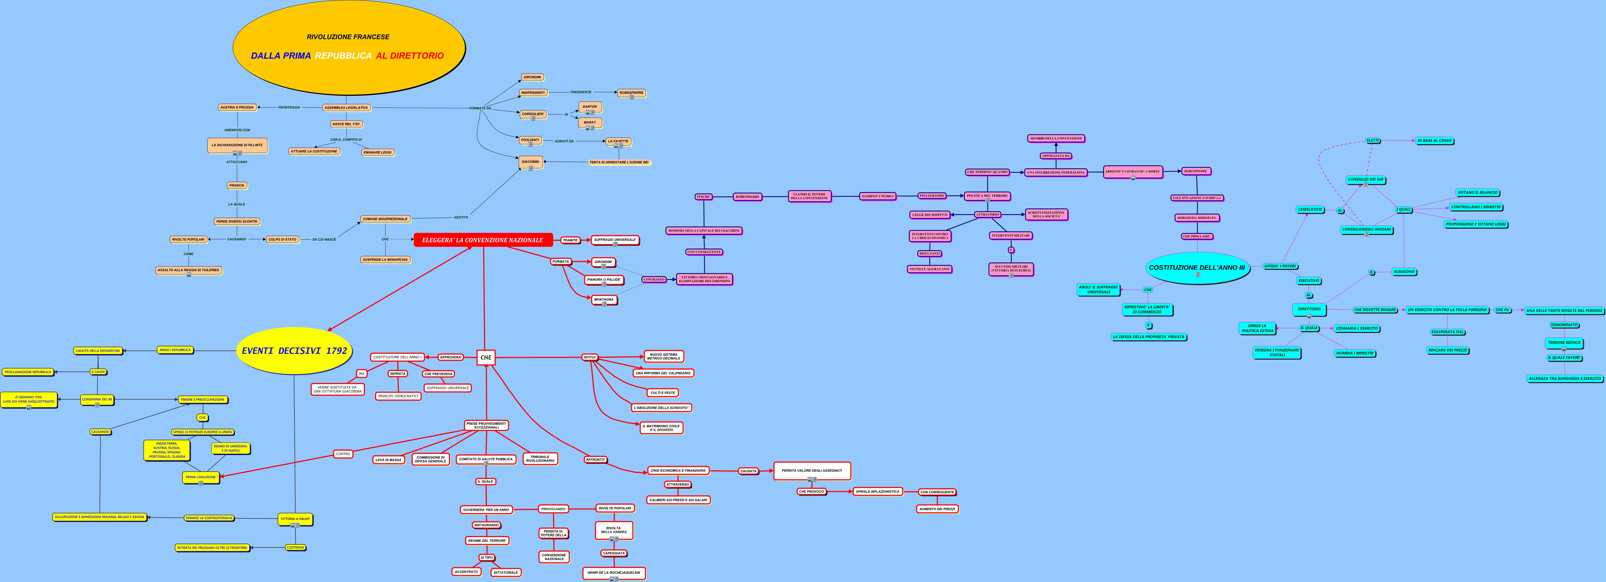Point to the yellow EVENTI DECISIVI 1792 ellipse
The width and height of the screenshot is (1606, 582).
pyautogui.click(x=294, y=351)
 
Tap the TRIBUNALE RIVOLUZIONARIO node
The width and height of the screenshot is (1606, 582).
pyautogui.click(x=540, y=459)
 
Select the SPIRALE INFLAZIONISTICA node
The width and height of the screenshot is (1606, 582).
pyautogui.click(x=877, y=492)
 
